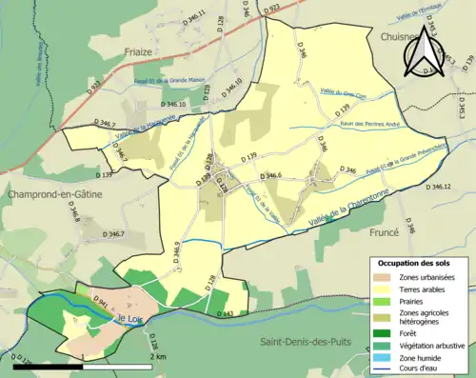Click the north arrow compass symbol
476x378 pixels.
(426, 52)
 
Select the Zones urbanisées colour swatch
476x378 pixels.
(383, 276)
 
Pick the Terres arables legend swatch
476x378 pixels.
(383, 288)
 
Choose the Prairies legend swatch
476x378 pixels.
(383, 301)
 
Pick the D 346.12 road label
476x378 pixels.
(445, 187)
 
